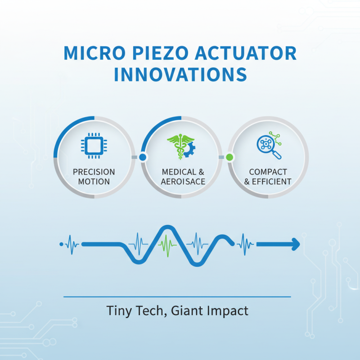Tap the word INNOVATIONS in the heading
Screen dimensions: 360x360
click(x=180, y=74)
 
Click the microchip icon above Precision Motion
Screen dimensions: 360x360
click(x=94, y=145)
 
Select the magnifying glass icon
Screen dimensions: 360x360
click(x=270, y=146)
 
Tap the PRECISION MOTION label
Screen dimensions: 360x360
click(x=94, y=177)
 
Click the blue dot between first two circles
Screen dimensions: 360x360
click(x=143, y=157)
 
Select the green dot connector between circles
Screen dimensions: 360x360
click(x=229, y=157)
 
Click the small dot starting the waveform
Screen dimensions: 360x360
click(x=61, y=244)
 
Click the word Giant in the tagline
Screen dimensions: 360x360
click(x=184, y=310)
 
